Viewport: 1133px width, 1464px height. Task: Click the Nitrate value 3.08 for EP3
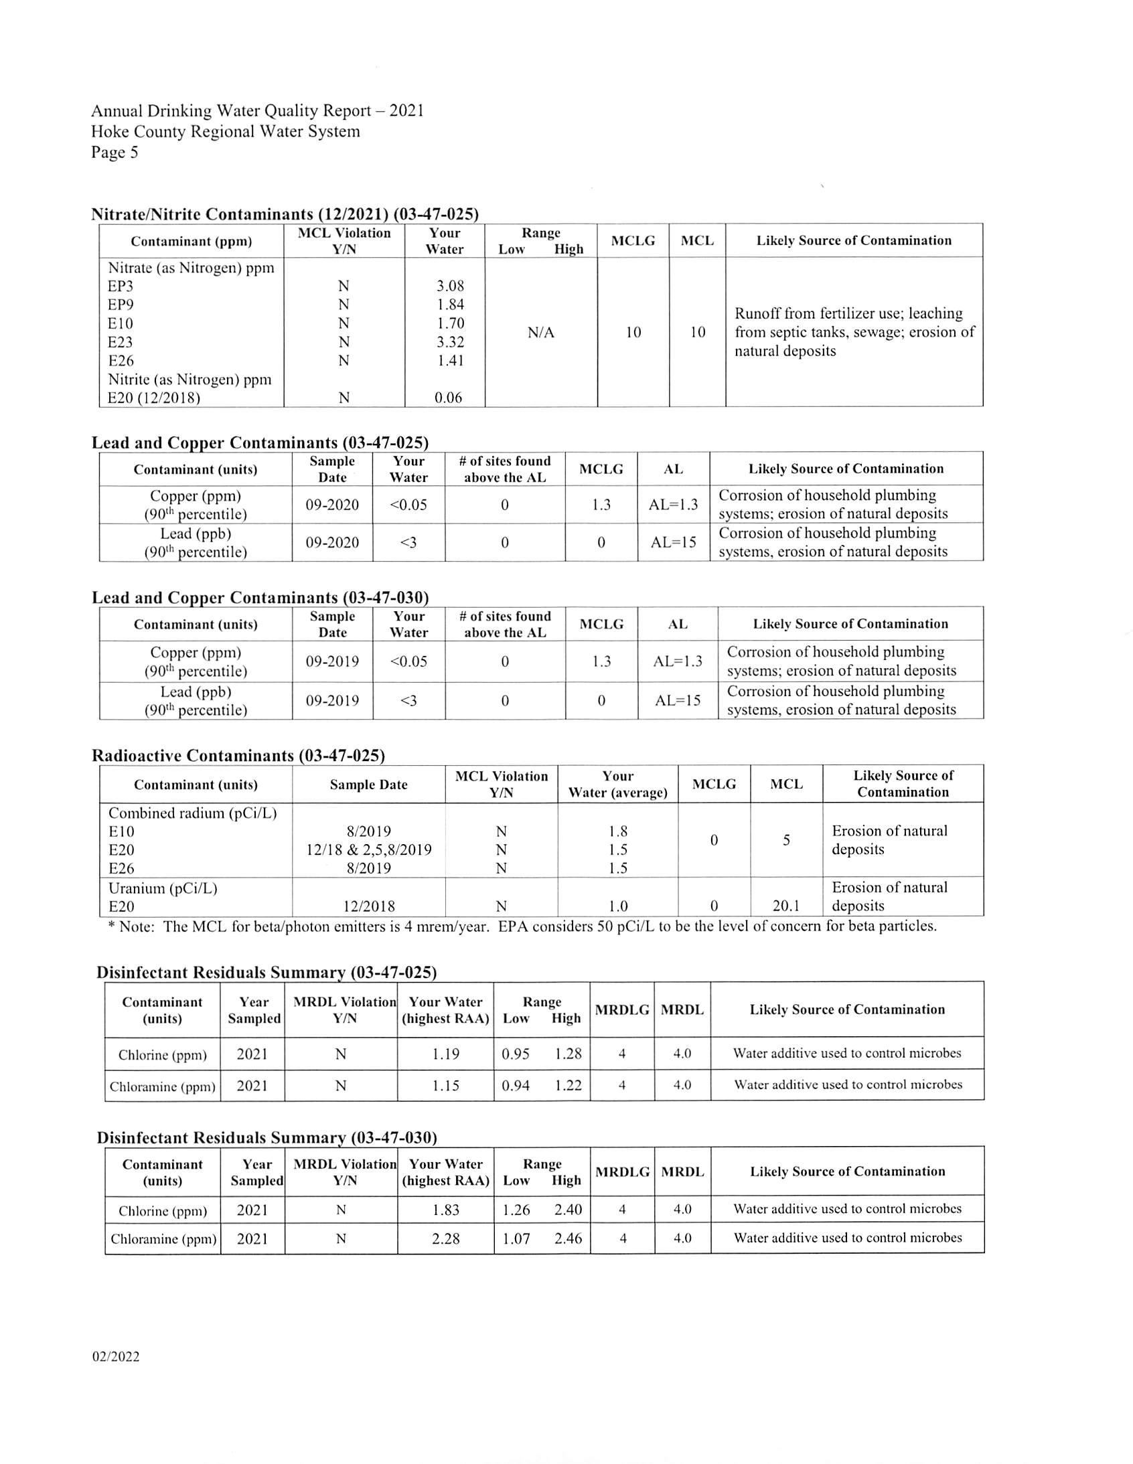coord(450,287)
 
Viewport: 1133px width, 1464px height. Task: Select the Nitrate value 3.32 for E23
coord(450,342)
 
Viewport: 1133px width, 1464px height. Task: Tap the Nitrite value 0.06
coord(448,398)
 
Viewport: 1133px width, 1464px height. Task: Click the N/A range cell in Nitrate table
coord(540,333)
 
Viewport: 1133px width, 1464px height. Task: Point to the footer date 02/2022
coord(116,1357)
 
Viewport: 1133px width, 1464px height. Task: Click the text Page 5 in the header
coord(115,153)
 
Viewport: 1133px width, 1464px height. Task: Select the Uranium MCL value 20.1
coord(785,906)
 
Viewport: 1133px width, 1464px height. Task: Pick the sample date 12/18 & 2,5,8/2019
coord(369,850)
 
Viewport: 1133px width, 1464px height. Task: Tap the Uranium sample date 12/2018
coord(369,906)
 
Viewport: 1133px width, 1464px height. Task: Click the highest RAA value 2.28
coord(446,1238)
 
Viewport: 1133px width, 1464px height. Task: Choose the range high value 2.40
coord(568,1209)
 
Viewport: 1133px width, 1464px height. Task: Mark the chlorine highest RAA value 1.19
coord(446,1054)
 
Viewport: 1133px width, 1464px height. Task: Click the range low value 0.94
coord(516,1084)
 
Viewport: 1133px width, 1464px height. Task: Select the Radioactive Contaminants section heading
coord(238,756)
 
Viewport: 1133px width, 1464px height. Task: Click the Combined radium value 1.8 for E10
coord(617,831)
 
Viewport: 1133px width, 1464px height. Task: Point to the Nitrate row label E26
coord(121,361)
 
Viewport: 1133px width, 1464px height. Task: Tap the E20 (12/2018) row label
coord(154,398)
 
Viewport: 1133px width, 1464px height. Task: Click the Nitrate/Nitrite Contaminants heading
coord(285,214)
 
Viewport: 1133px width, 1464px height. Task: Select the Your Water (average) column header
coord(617,785)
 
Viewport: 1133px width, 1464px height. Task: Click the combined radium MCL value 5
coord(786,840)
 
